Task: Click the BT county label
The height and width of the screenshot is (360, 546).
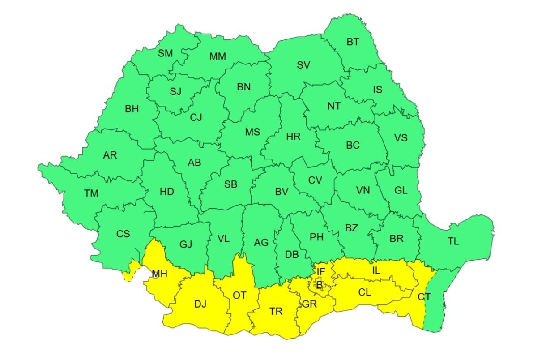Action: [x=353, y=42]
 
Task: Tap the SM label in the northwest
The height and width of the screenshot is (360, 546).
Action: [x=165, y=53]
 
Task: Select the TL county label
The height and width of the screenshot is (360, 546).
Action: [x=453, y=241]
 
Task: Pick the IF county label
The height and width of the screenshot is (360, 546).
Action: [x=321, y=271]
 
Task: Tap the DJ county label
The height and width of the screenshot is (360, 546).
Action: [x=200, y=304]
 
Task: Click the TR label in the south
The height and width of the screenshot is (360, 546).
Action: [x=276, y=311]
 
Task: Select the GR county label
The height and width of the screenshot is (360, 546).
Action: [x=309, y=304]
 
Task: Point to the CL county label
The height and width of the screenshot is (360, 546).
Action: [x=365, y=292]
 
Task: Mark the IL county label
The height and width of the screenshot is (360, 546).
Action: [x=376, y=270]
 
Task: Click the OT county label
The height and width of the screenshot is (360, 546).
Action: [x=239, y=295]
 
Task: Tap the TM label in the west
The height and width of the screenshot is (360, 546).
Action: [x=91, y=193]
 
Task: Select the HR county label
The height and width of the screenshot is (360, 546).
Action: [x=293, y=137]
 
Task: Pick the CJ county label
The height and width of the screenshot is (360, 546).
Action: [x=196, y=117]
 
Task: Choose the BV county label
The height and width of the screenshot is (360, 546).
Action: [x=281, y=192]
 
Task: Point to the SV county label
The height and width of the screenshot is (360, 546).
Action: [x=303, y=65]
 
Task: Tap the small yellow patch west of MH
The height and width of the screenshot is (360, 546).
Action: [x=130, y=272]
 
